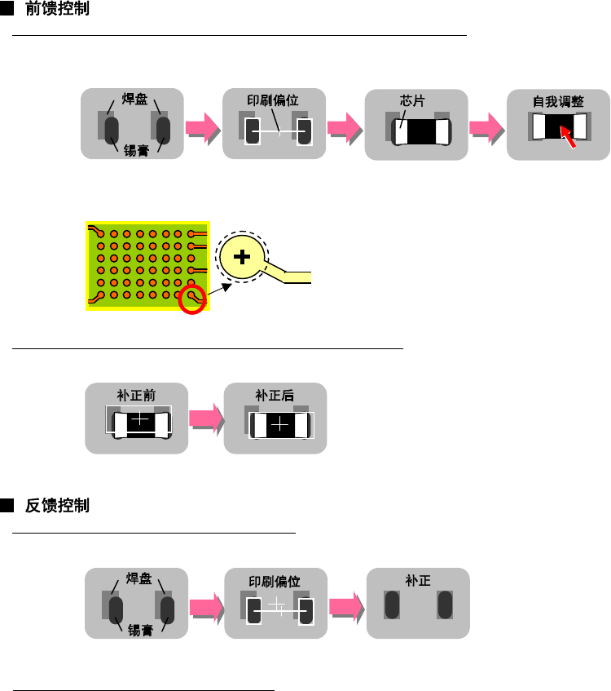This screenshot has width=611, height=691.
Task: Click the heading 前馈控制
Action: [58, 11]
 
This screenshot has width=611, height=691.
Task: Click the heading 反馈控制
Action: [58, 506]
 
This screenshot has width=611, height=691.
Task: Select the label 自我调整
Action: [558, 103]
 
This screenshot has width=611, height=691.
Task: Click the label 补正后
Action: [274, 395]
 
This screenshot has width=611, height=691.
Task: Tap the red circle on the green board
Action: [193, 298]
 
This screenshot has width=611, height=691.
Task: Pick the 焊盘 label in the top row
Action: [134, 101]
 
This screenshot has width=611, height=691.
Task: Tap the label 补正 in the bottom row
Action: [418, 580]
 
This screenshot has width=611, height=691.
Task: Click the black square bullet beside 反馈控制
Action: [7, 507]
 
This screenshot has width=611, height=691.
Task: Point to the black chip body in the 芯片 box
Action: [420, 131]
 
